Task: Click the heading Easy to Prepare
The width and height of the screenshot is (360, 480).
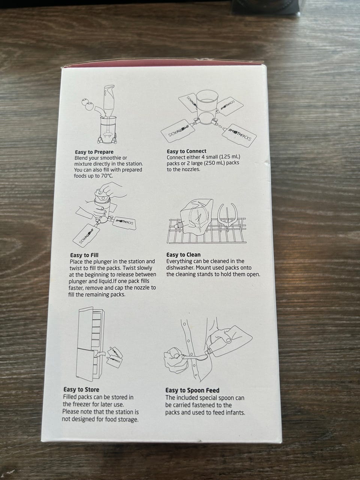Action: coord(94,152)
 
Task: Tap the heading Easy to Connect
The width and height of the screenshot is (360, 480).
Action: coord(186,151)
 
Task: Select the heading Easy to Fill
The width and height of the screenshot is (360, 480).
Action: coord(84,255)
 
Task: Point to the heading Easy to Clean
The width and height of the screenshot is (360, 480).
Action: coord(183,255)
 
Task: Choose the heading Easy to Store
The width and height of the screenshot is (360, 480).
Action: coord(81,390)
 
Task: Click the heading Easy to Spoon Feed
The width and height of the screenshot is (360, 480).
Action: coord(192,390)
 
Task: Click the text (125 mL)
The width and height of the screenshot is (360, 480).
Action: coord(229,157)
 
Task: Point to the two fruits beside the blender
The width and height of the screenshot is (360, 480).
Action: coord(87,104)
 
